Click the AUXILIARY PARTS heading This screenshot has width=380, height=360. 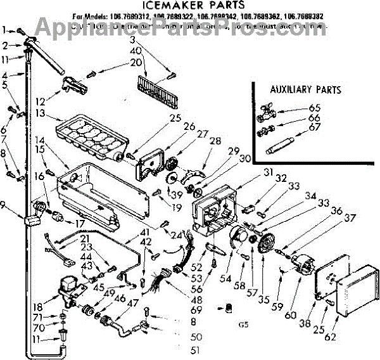click(305, 89)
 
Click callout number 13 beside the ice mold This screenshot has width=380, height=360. click(40, 113)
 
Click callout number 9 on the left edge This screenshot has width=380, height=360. click(5, 204)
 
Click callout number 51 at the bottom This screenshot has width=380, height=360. click(196, 349)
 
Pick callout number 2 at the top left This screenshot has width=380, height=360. click(5, 45)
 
